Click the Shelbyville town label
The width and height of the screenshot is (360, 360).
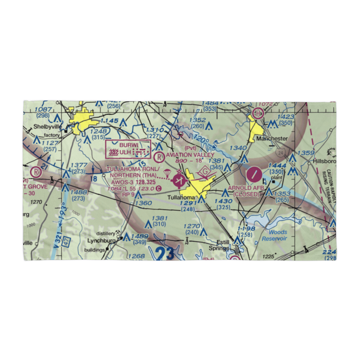coord(46,127)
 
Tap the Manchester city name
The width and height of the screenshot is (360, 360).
coord(272,138)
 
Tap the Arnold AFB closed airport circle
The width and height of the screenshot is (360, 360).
coord(254,175)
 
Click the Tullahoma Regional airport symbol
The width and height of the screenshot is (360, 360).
coord(179,180)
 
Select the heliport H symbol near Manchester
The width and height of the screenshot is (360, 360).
coord(258,113)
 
